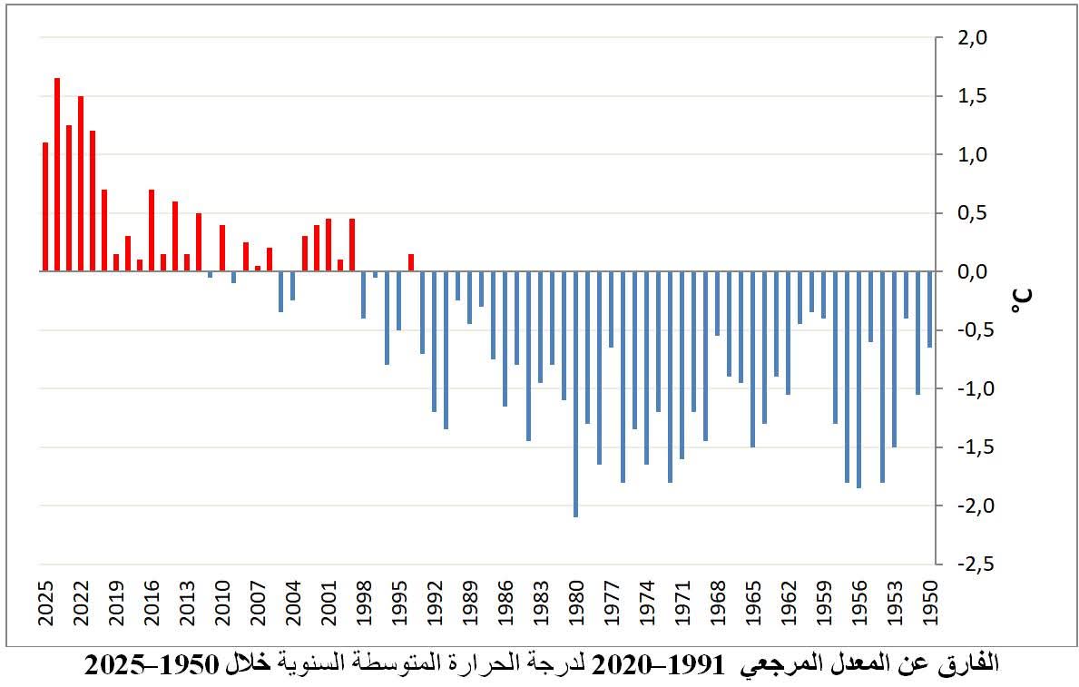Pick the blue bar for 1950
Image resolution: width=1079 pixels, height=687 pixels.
point(929,309)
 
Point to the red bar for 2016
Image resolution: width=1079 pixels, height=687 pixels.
point(152,231)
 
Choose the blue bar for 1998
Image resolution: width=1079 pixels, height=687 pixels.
point(363,295)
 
